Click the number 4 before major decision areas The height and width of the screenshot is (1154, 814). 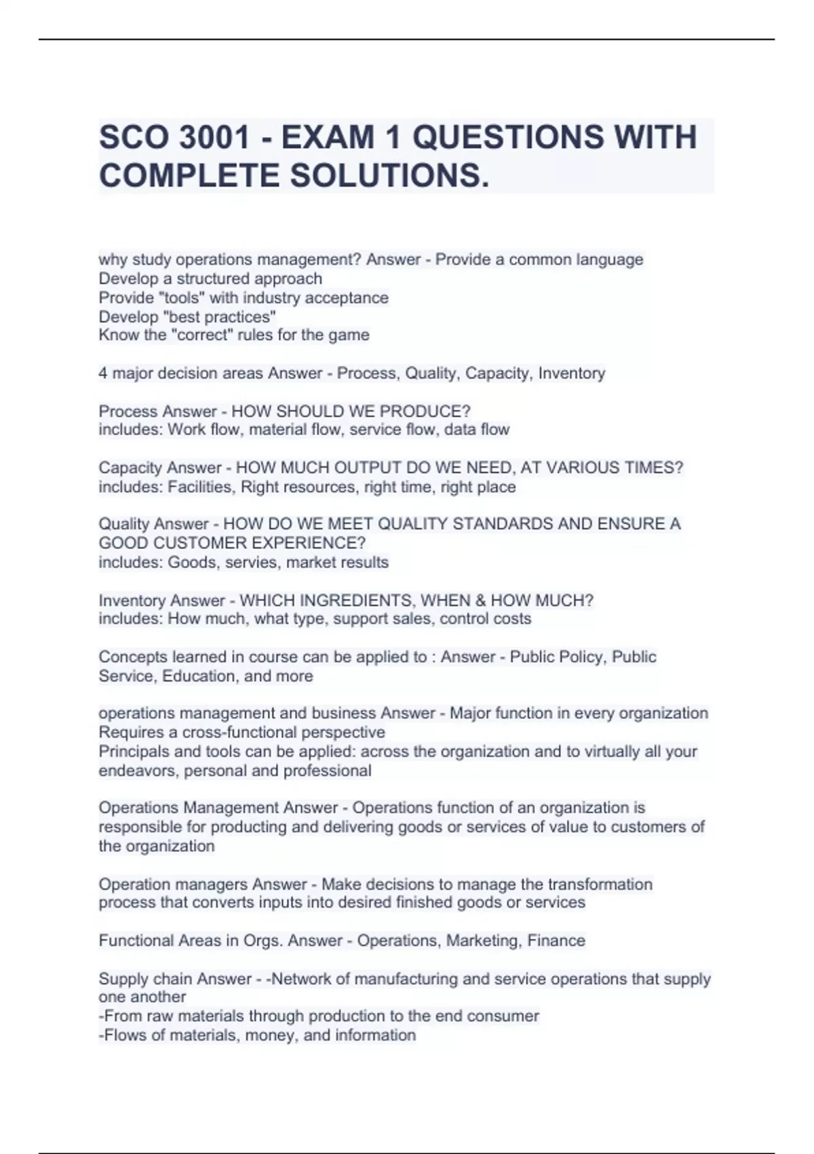click(102, 373)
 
